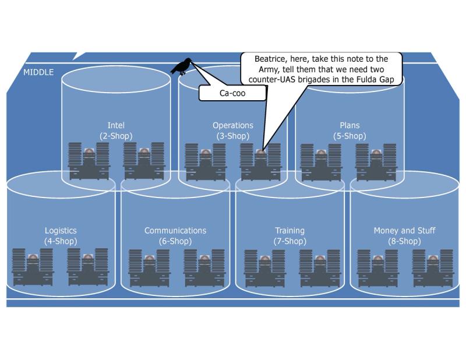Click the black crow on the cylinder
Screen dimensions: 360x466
click(x=182, y=66)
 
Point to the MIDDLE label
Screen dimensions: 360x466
click(x=38, y=73)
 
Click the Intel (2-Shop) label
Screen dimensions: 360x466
click(x=116, y=130)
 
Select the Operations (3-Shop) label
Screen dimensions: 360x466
click(x=232, y=130)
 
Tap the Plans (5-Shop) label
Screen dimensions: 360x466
click(x=349, y=130)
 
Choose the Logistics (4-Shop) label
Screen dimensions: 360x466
click(x=61, y=236)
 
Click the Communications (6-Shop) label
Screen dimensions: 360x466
click(x=175, y=236)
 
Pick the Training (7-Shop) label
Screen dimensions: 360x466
click(x=290, y=236)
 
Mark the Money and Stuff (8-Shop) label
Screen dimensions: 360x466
click(x=404, y=236)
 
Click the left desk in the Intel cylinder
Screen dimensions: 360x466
click(x=89, y=162)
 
